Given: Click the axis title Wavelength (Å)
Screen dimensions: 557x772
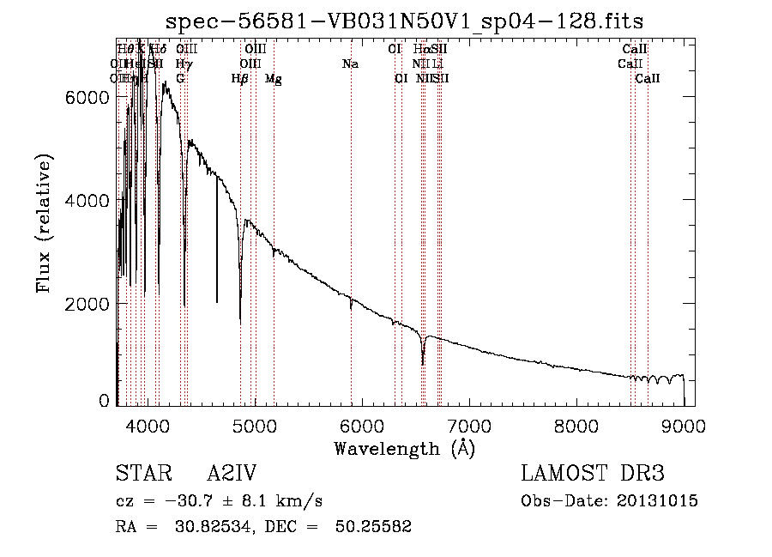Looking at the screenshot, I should (404, 448).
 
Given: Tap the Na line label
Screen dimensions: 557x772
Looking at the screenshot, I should (350, 64).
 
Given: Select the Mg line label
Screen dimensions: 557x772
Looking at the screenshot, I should (274, 79).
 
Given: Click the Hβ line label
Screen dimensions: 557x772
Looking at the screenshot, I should (239, 79).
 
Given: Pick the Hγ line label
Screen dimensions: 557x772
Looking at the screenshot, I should (183, 64).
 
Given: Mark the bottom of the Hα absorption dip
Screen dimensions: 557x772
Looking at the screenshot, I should (423, 363).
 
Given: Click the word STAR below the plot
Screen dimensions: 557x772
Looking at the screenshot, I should (142, 475).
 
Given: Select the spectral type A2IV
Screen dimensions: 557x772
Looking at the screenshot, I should (232, 475).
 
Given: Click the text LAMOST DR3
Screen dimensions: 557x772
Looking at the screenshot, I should (593, 475).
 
